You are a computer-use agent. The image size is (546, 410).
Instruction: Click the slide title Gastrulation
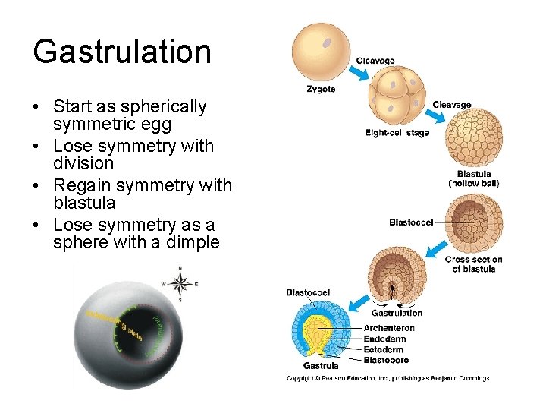[122, 52]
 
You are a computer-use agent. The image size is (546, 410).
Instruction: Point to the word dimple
[190, 242]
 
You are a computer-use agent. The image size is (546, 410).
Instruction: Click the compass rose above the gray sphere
[180, 284]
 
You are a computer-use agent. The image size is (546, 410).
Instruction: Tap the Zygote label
[321, 89]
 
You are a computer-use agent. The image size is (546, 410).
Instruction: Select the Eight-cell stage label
[397, 133]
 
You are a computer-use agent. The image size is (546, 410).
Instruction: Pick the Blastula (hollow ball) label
[474, 178]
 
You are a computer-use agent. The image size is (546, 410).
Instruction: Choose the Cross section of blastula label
[473, 264]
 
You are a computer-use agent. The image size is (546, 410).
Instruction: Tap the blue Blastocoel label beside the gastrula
[308, 292]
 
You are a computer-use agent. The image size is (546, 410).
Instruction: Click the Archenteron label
[389, 328]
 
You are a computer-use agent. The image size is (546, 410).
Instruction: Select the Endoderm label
[384, 339]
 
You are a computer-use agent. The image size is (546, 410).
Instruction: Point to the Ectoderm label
[384, 349]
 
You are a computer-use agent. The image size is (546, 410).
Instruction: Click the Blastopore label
[387, 360]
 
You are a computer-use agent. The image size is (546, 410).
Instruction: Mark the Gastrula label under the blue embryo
[321, 366]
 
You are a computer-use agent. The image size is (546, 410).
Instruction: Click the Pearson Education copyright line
[388, 377]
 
